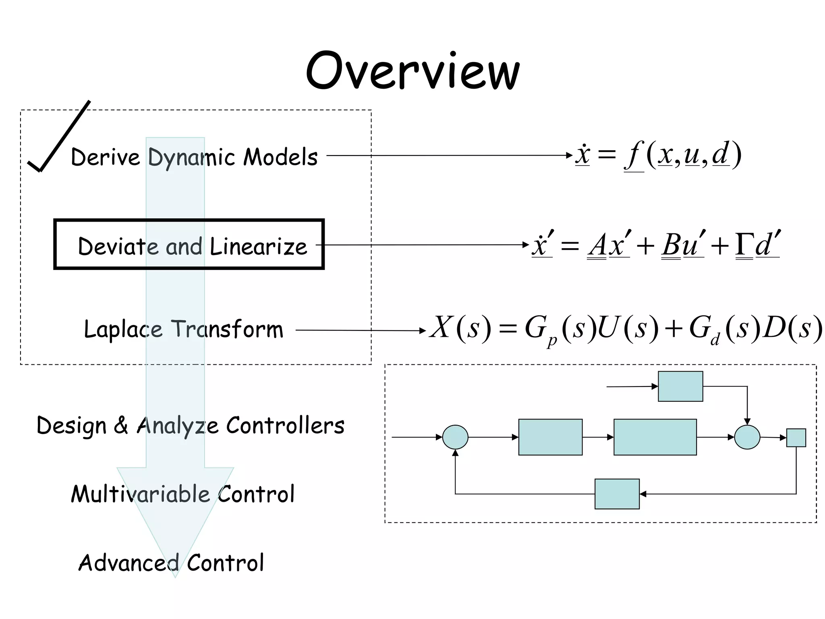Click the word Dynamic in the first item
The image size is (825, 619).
[191, 157]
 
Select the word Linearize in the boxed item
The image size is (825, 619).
[258, 246]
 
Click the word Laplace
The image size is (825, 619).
[123, 329]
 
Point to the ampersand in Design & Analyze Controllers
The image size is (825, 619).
[121, 425]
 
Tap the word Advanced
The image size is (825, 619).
[129, 563]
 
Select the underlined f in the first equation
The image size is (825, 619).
[634, 155]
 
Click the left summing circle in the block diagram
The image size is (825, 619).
[455, 437]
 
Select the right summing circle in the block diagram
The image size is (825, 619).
[747, 437]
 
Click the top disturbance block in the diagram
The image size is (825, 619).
[680, 386]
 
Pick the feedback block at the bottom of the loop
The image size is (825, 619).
[617, 494]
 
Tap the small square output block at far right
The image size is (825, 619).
[796, 438]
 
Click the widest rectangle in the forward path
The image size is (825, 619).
[655, 437]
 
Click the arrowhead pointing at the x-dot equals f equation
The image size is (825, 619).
[569, 155]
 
